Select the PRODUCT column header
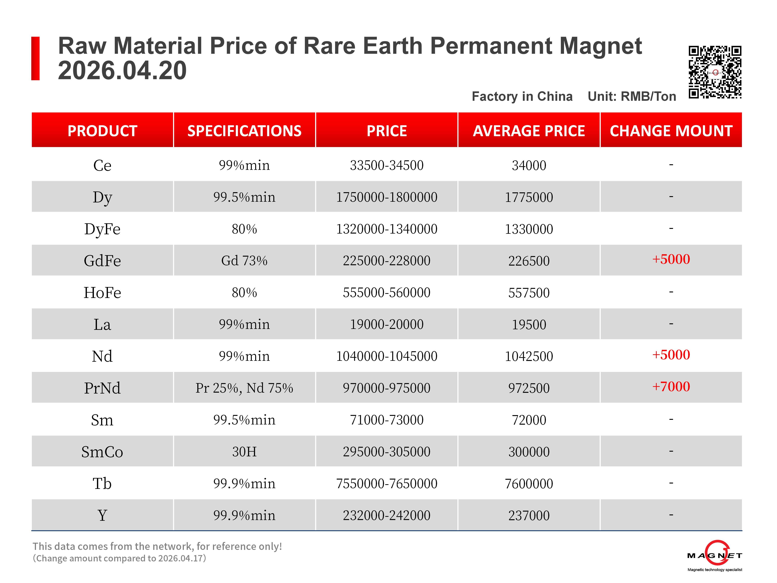(x=102, y=131)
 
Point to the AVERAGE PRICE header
(x=529, y=131)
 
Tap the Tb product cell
(x=102, y=483)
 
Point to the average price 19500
(x=529, y=324)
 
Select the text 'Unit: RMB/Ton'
(x=631, y=96)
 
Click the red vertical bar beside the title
(x=35, y=58)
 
